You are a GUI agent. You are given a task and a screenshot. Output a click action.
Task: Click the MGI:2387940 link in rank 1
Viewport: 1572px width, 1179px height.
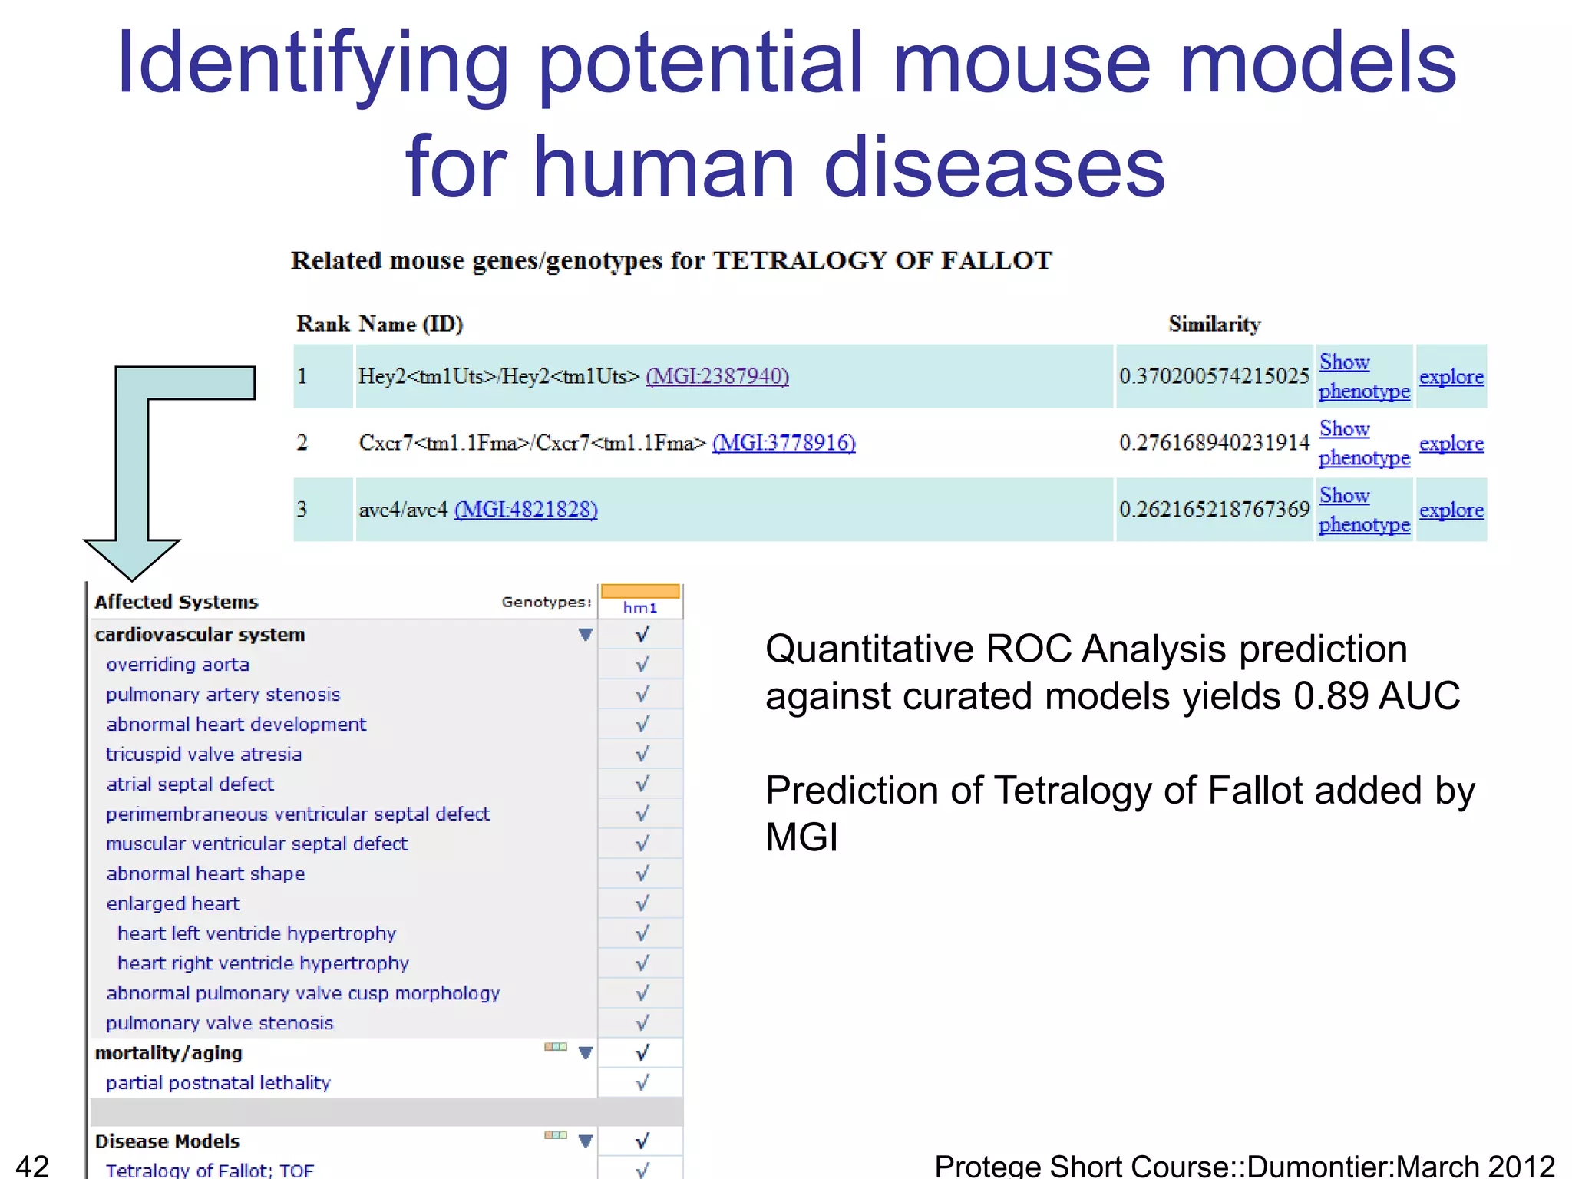(717, 376)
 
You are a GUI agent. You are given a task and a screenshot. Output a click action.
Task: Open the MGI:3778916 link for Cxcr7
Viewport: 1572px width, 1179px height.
(784, 443)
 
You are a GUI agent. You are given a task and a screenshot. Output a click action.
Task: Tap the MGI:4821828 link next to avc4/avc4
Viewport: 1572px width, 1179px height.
(526, 510)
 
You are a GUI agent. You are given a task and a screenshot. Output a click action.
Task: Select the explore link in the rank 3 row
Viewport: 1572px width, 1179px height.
(1451, 510)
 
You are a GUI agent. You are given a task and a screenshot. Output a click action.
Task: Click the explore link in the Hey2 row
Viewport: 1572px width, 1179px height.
(1451, 377)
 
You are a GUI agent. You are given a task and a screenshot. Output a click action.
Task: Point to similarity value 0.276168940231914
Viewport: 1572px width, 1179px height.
(1214, 443)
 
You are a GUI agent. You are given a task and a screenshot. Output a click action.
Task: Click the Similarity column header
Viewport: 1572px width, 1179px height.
(1214, 324)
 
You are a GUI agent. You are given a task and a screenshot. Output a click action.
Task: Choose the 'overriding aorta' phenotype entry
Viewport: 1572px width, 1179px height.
(177, 665)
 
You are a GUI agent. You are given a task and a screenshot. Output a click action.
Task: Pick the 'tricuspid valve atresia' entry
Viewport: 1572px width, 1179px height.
(203, 755)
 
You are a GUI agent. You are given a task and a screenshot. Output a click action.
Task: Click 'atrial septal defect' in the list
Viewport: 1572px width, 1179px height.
(190, 784)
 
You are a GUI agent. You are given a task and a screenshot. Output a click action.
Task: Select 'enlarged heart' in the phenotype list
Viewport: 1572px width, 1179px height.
(173, 904)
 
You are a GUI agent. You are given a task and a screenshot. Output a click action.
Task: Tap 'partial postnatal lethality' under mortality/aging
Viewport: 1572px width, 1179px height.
(218, 1083)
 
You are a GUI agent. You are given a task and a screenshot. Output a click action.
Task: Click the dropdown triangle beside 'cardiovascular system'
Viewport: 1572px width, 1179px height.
(586, 635)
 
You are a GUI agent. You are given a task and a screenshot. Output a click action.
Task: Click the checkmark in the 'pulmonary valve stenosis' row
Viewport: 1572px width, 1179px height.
(642, 1023)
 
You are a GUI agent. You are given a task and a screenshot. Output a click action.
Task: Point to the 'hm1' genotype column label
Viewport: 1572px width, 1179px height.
(640, 608)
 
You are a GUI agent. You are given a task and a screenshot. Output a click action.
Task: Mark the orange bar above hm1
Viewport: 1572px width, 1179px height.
(640, 591)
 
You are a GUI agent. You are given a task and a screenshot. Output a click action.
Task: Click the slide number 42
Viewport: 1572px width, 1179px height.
(32, 1165)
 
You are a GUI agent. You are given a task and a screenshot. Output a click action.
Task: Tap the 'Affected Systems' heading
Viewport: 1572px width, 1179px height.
(177, 602)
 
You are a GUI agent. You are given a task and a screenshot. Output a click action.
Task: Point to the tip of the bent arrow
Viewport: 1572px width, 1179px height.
(131, 578)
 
